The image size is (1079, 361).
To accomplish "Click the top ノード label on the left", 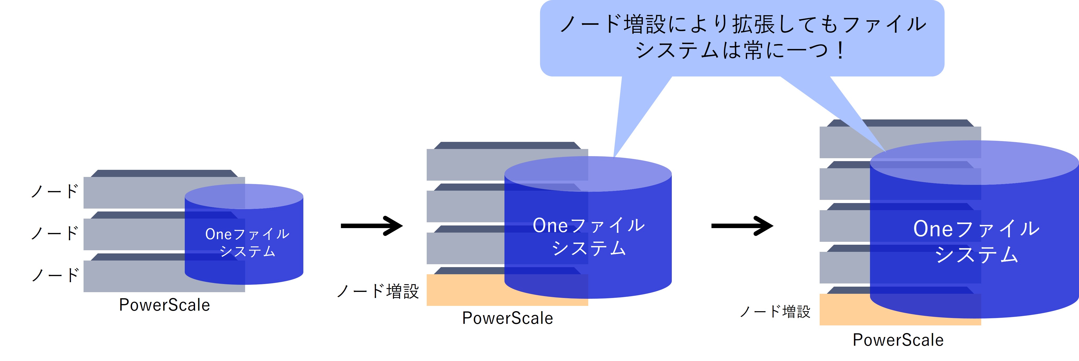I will [x=55, y=191].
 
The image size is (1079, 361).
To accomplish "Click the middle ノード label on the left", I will [x=55, y=233].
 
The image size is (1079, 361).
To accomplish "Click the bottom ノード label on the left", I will [x=55, y=275].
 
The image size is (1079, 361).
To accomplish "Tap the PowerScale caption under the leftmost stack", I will [x=164, y=305].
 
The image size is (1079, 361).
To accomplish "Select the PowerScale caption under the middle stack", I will [x=507, y=318].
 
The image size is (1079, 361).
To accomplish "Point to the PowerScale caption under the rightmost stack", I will [x=898, y=340].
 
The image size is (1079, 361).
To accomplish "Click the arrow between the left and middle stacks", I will [x=371, y=226].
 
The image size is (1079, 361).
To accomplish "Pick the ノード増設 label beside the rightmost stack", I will [x=775, y=311].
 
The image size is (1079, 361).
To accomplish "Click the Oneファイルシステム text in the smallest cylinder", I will [x=247, y=242].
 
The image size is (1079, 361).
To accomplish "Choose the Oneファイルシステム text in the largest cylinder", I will [x=976, y=241].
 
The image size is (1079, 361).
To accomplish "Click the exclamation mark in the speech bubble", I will [x=840, y=51].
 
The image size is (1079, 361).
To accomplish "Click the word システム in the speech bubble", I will [x=677, y=51].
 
